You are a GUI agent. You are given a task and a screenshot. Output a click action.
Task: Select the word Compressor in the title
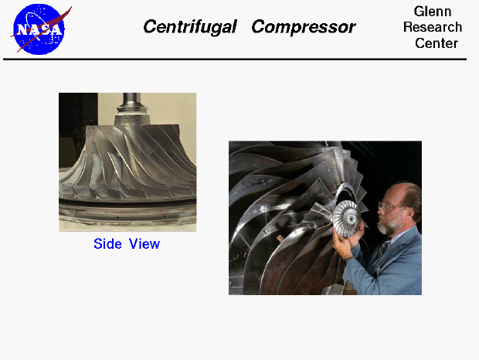[303, 27]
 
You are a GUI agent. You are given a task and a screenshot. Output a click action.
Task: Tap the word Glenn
[433, 12]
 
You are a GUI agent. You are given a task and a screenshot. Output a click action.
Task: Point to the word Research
[433, 27]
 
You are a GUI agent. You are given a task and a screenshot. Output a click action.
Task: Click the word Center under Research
[436, 43]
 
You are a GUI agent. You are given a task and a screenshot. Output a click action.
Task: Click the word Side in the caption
[108, 244]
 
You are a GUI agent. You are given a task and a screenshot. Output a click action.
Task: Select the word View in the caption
[144, 244]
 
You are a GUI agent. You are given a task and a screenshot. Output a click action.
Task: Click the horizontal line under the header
[239, 59]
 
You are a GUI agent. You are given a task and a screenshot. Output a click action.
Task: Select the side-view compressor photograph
[127, 162]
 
